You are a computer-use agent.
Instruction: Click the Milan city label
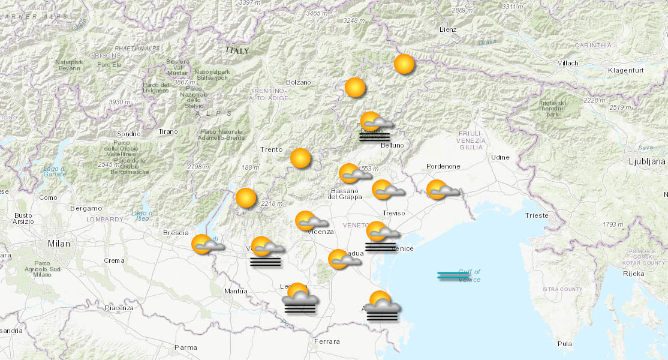59,244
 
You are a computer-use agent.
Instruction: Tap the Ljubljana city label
647,161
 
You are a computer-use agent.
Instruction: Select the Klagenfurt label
625,71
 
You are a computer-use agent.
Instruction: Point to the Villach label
567,63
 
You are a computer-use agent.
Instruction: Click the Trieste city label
536,215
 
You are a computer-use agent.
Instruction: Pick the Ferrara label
327,341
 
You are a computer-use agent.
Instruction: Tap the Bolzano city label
298,82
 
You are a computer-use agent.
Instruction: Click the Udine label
500,157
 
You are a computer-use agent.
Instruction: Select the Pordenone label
443,166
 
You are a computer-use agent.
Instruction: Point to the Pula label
564,344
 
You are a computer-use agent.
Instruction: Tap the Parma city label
185,347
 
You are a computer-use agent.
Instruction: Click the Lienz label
447,29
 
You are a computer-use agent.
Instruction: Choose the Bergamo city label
86,208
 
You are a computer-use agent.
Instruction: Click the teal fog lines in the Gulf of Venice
453,275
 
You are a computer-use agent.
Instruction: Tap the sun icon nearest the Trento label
300,158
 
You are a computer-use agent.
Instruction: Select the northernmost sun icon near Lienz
404,64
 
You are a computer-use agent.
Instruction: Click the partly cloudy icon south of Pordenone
440,190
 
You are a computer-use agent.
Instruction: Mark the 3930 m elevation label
119,102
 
